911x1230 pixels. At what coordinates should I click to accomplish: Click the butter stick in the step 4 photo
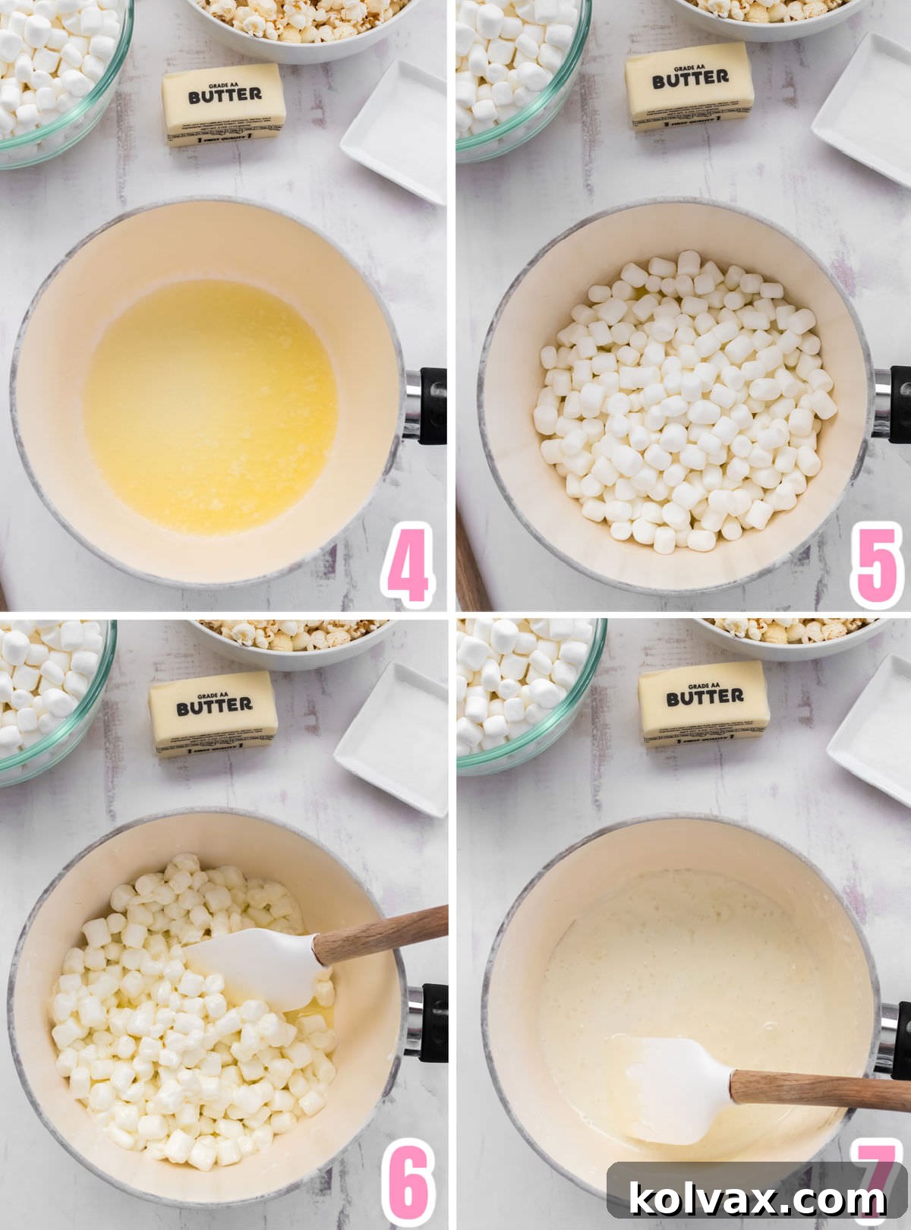tap(224, 103)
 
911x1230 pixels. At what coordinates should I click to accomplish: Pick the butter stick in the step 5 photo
tap(689, 85)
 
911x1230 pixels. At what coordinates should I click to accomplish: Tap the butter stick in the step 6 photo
tap(213, 713)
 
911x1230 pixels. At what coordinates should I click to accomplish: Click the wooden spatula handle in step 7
tap(820, 1090)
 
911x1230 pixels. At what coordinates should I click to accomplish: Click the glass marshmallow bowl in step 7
tap(524, 691)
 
